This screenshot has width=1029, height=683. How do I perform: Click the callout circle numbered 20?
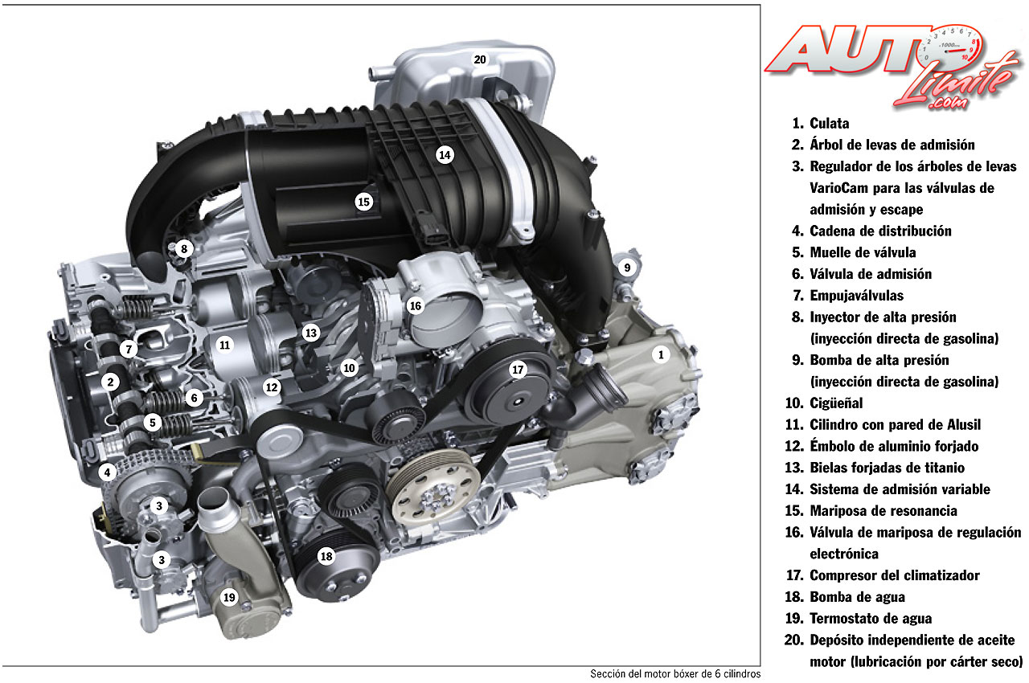tap(480, 59)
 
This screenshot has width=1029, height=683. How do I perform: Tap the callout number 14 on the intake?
tap(445, 155)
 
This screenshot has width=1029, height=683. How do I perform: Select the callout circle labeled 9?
tap(627, 268)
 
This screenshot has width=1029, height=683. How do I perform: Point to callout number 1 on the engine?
tap(661, 354)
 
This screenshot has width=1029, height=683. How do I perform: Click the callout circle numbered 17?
tap(518, 370)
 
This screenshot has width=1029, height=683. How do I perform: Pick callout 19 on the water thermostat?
tap(229, 597)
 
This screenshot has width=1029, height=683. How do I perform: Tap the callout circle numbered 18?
tap(326, 556)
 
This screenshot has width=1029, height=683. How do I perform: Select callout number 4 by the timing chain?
tap(107, 472)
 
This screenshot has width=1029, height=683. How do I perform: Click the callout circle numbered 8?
tap(184, 249)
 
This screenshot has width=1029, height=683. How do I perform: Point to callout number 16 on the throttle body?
tap(416, 305)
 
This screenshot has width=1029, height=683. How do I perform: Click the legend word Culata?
tap(829, 124)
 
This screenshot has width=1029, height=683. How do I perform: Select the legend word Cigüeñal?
tap(836, 403)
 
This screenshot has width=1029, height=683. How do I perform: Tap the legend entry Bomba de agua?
tap(857, 597)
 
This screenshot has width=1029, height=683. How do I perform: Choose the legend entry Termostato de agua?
tap(871, 618)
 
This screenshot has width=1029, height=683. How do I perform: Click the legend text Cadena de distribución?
tap(880, 231)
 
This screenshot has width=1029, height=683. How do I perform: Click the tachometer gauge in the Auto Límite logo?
tap(950, 46)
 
